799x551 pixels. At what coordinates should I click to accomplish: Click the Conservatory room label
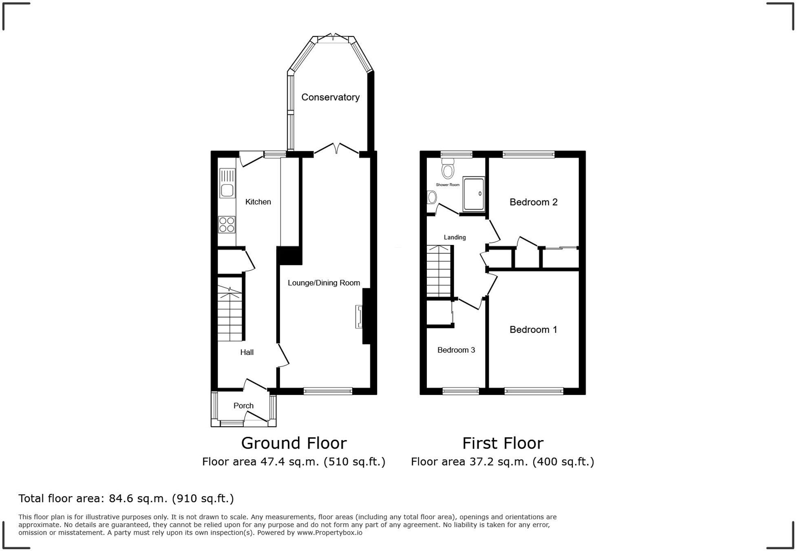331,97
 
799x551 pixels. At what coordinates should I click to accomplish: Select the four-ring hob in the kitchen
227,225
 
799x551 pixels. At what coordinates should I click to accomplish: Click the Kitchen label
258,202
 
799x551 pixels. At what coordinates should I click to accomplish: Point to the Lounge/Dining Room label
324,283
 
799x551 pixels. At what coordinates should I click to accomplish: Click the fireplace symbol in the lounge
359,317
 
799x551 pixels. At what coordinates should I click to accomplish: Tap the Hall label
247,353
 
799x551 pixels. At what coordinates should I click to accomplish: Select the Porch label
243,406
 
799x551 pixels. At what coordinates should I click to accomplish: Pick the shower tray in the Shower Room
474,194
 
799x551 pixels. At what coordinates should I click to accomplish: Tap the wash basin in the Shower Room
432,198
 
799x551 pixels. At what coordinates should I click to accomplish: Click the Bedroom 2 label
533,202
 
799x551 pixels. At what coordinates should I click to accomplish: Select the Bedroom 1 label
533,330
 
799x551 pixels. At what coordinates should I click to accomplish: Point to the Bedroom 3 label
456,350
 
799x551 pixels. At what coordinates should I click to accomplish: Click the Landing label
455,237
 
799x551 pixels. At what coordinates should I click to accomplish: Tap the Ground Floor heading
294,443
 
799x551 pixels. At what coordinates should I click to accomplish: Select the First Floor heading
503,443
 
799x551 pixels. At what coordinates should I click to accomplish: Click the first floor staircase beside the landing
439,271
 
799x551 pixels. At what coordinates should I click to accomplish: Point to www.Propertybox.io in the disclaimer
329,533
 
